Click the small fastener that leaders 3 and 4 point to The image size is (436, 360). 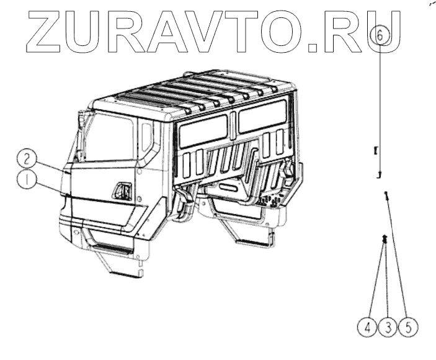pyautogui.click(x=385, y=238)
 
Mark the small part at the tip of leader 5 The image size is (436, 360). pyautogui.click(x=387, y=196)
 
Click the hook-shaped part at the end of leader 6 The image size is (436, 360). pyautogui.click(x=379, y=175)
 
